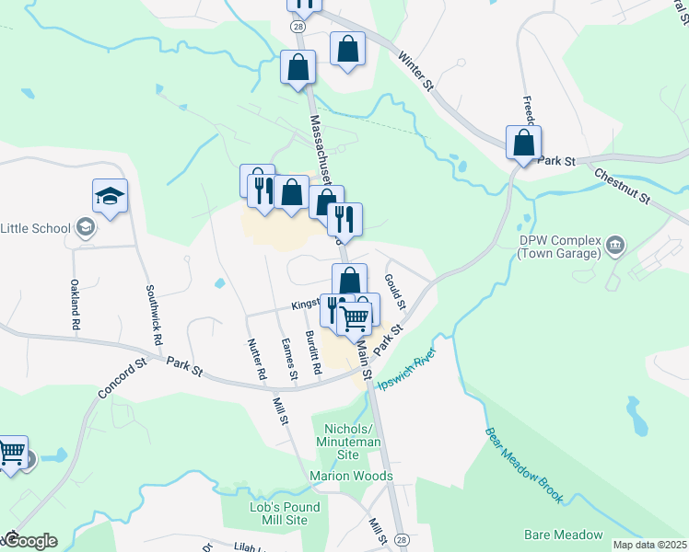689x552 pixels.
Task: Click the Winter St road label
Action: coord(416,69)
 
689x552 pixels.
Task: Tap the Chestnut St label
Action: coord(623,185)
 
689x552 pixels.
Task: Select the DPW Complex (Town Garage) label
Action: coord(559,247)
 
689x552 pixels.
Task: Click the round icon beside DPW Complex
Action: coord(616,246)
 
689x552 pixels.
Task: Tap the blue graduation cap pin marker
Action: coord(110,197)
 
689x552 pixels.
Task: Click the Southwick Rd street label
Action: coord(155,314)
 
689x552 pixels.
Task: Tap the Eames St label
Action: coord(289,359)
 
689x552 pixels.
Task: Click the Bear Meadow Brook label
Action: coord(523,464)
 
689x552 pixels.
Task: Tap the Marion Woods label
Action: coord(351,476)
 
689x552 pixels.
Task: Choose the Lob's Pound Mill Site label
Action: coord(285,513)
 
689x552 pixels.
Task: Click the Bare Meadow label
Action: coord(563,535)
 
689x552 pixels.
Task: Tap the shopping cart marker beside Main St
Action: coord(355,318)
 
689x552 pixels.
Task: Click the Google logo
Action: coord(32,541)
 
